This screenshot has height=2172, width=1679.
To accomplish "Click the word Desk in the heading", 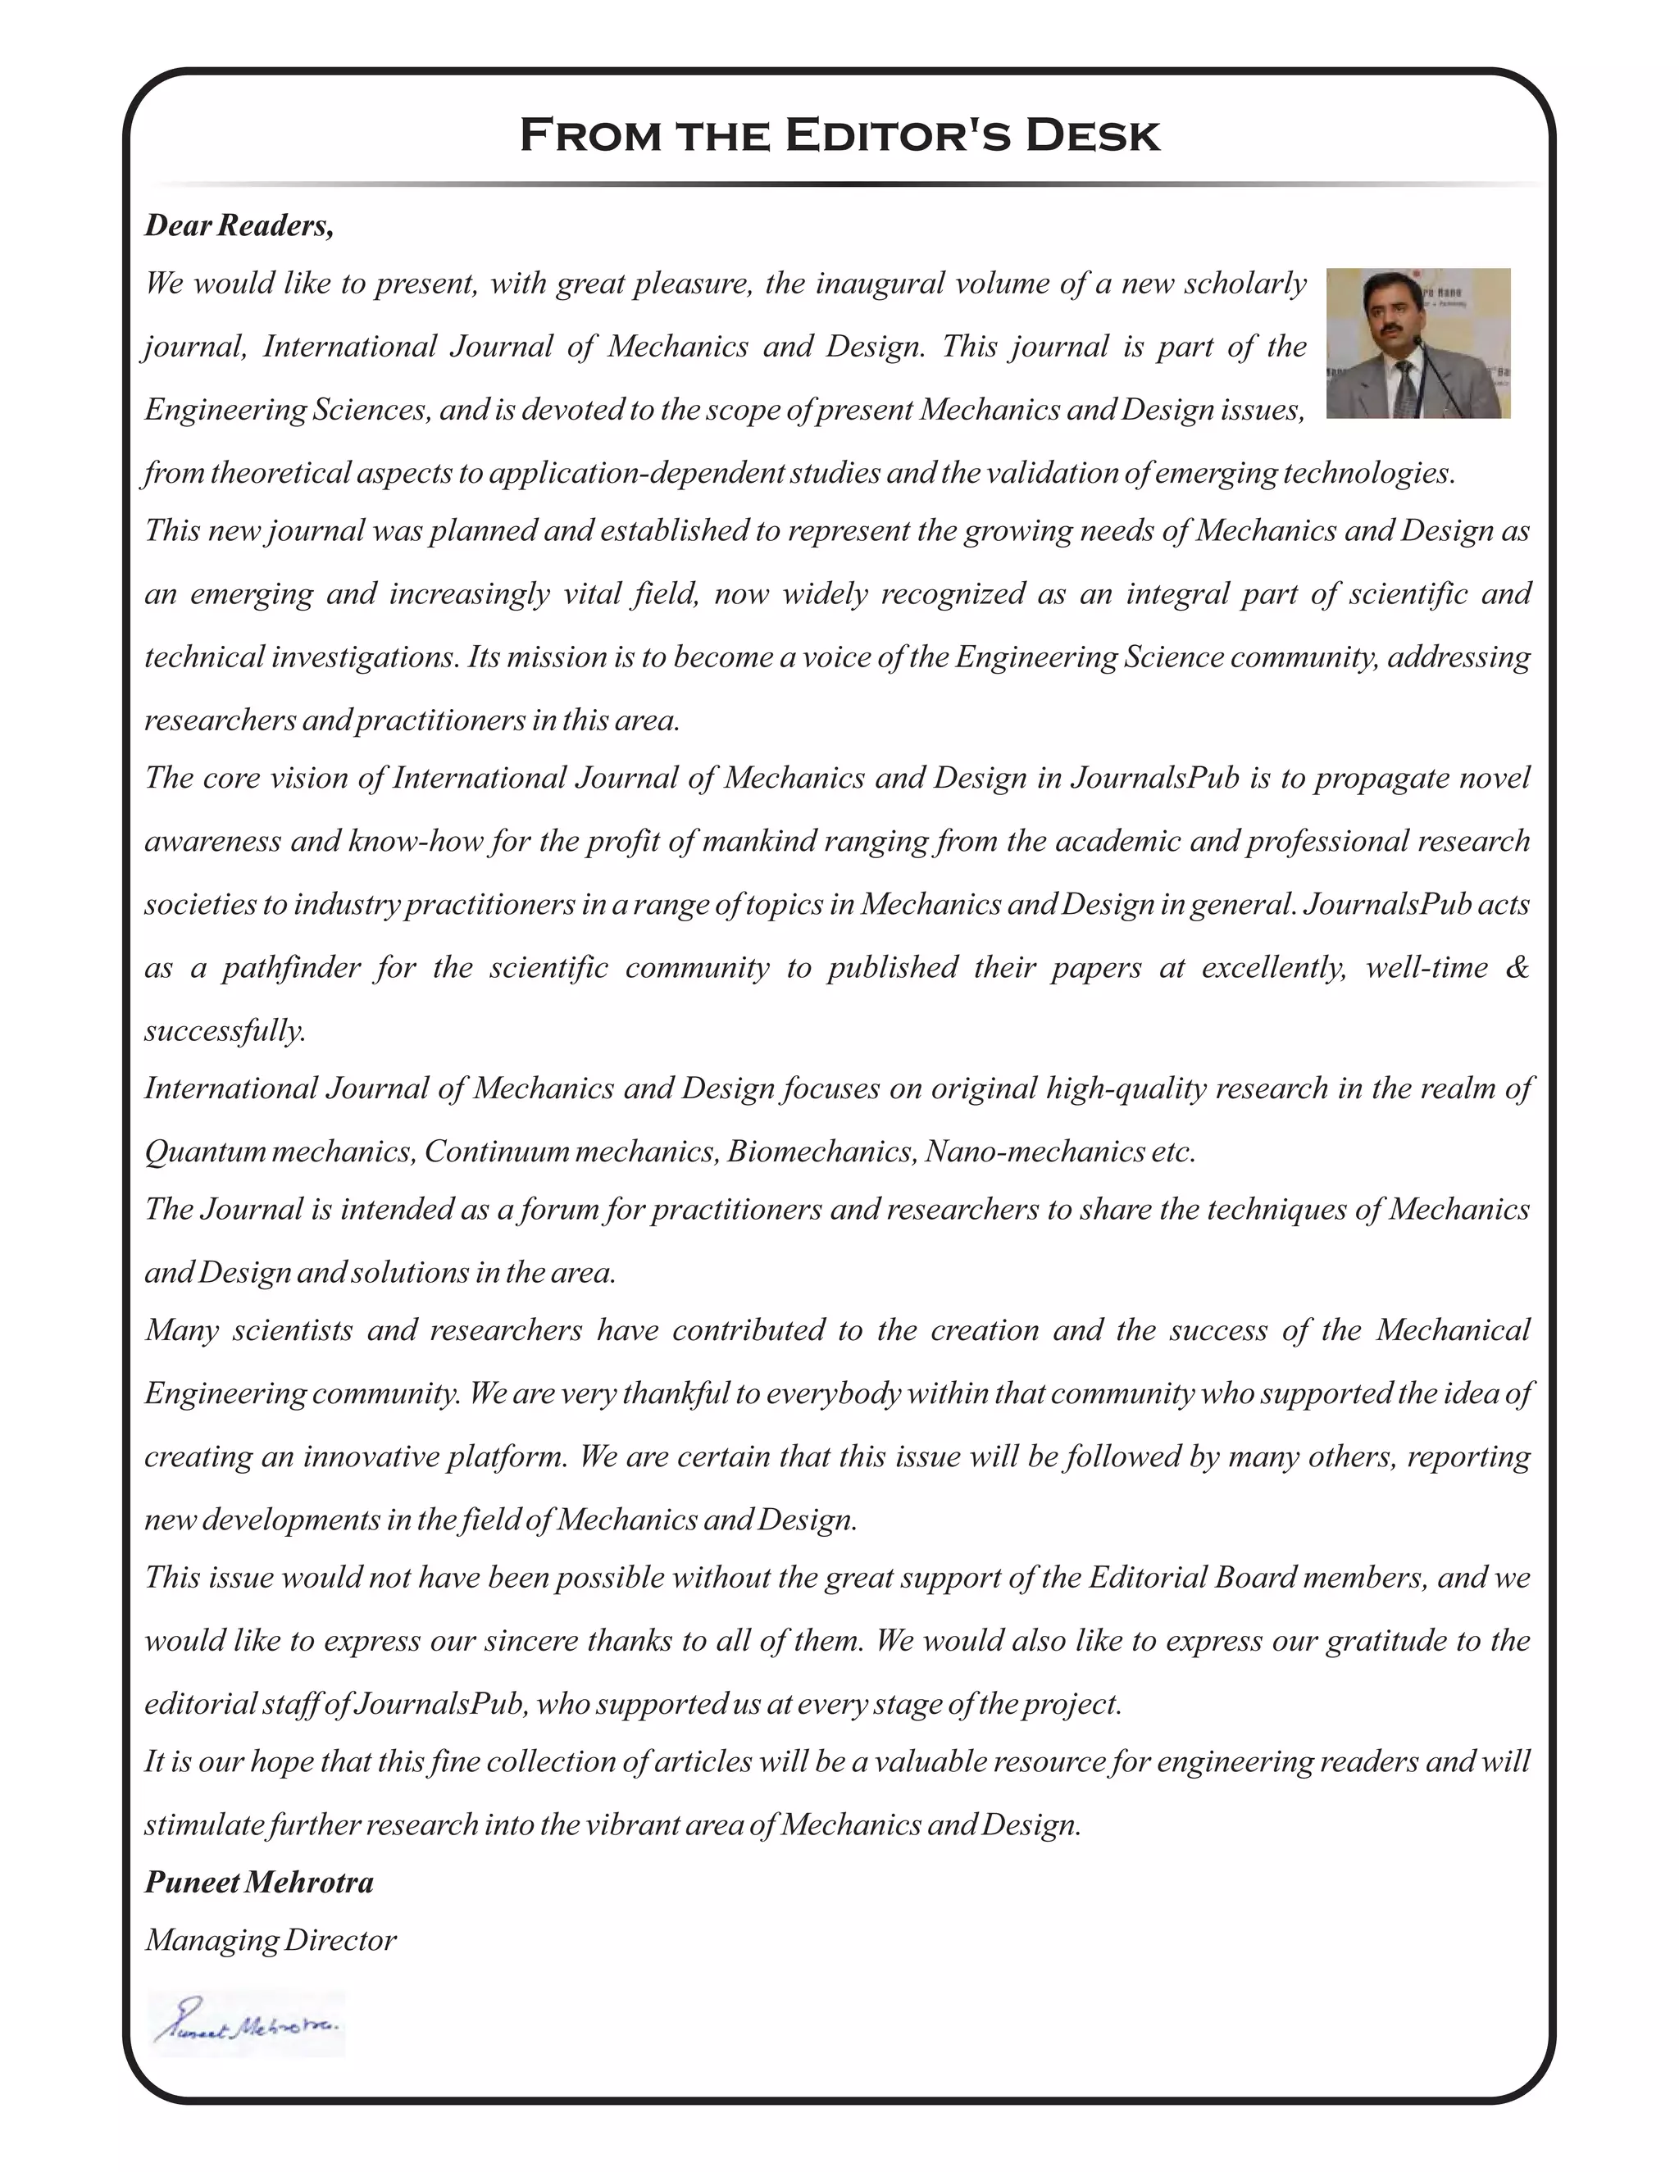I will coord(1092,135).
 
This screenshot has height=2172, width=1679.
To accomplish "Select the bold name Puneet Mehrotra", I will coord(258,1882).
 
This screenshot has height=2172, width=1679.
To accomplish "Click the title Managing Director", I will coord(270,1939).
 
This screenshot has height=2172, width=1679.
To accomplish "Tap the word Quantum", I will coord(205,1152).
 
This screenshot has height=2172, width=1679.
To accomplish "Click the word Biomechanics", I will coord(821,1152).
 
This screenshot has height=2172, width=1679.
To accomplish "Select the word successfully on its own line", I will coord(225,1030).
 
